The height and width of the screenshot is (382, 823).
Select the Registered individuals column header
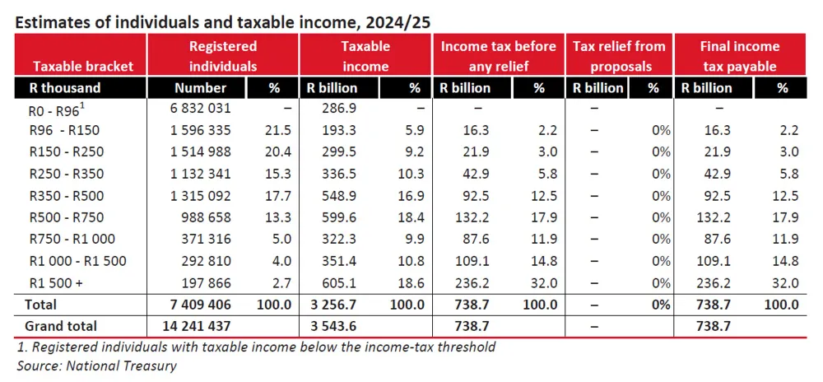coord(223,56)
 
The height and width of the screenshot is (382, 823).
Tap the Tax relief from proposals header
coord(618,56)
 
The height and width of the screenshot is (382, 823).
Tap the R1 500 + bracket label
coord(55,282)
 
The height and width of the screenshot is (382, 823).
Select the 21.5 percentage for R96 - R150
coord(279,130)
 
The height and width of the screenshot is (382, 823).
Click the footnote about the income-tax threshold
coord(256,347)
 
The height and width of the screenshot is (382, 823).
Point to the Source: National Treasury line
coord(97,364)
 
